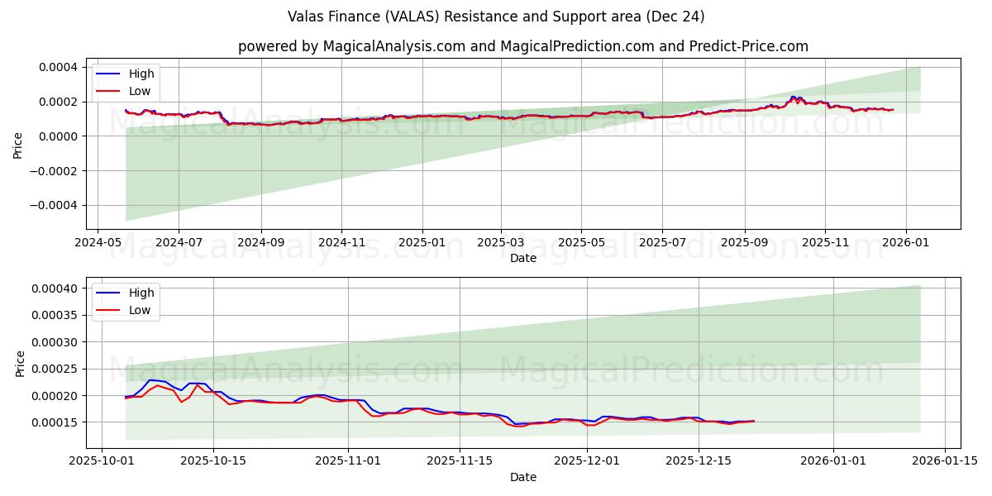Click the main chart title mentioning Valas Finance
[496, 17]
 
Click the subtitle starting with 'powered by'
[522, 46]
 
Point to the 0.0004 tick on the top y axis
[58, 67]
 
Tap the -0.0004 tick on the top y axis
[55, 206]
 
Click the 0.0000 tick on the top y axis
[58, 136]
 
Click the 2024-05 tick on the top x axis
[98, 243]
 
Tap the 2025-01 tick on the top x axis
[422, 243]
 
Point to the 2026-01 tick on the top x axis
[906, 243]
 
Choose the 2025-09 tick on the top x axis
[744, 243]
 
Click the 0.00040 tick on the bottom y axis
[55, 289]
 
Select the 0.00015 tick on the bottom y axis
[55, 422]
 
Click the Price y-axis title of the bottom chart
[21, 363]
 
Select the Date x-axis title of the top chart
[522, 258]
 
